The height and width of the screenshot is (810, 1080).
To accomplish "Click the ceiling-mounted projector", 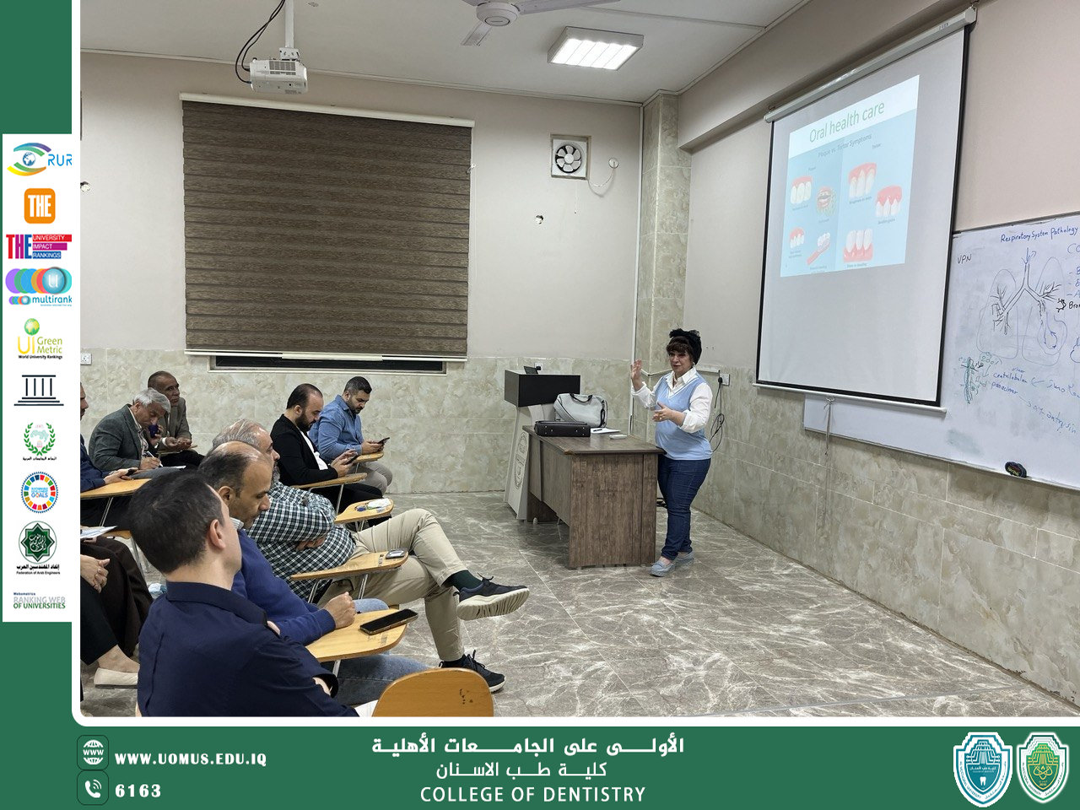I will (278, 74).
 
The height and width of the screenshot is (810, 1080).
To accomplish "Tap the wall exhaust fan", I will (569, 157).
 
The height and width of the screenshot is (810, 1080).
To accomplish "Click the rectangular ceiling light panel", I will (595, 48).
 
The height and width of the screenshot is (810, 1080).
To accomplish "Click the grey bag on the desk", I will (580, 409).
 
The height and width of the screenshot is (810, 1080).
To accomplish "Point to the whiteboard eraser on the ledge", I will (1015, 469).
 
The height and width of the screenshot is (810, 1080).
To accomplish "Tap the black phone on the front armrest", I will (388, 621).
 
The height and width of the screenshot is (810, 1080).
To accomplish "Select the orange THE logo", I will (39, 206).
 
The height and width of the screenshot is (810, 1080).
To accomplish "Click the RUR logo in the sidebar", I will (39, 159).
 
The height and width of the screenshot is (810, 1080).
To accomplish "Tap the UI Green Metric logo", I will (39, 338).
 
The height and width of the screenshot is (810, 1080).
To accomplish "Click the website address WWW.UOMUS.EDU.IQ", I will (191, 759).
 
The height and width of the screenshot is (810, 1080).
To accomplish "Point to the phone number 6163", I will (138, 791).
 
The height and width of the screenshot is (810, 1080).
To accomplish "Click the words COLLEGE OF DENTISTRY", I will (532, 794).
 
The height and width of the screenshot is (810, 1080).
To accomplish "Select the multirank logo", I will (39, 286).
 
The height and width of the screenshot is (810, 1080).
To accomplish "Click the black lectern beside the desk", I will (541, 389).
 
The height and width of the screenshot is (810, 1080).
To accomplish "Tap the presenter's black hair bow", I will (685, 336).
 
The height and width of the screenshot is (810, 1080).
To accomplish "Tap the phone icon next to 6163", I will (93, 788).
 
